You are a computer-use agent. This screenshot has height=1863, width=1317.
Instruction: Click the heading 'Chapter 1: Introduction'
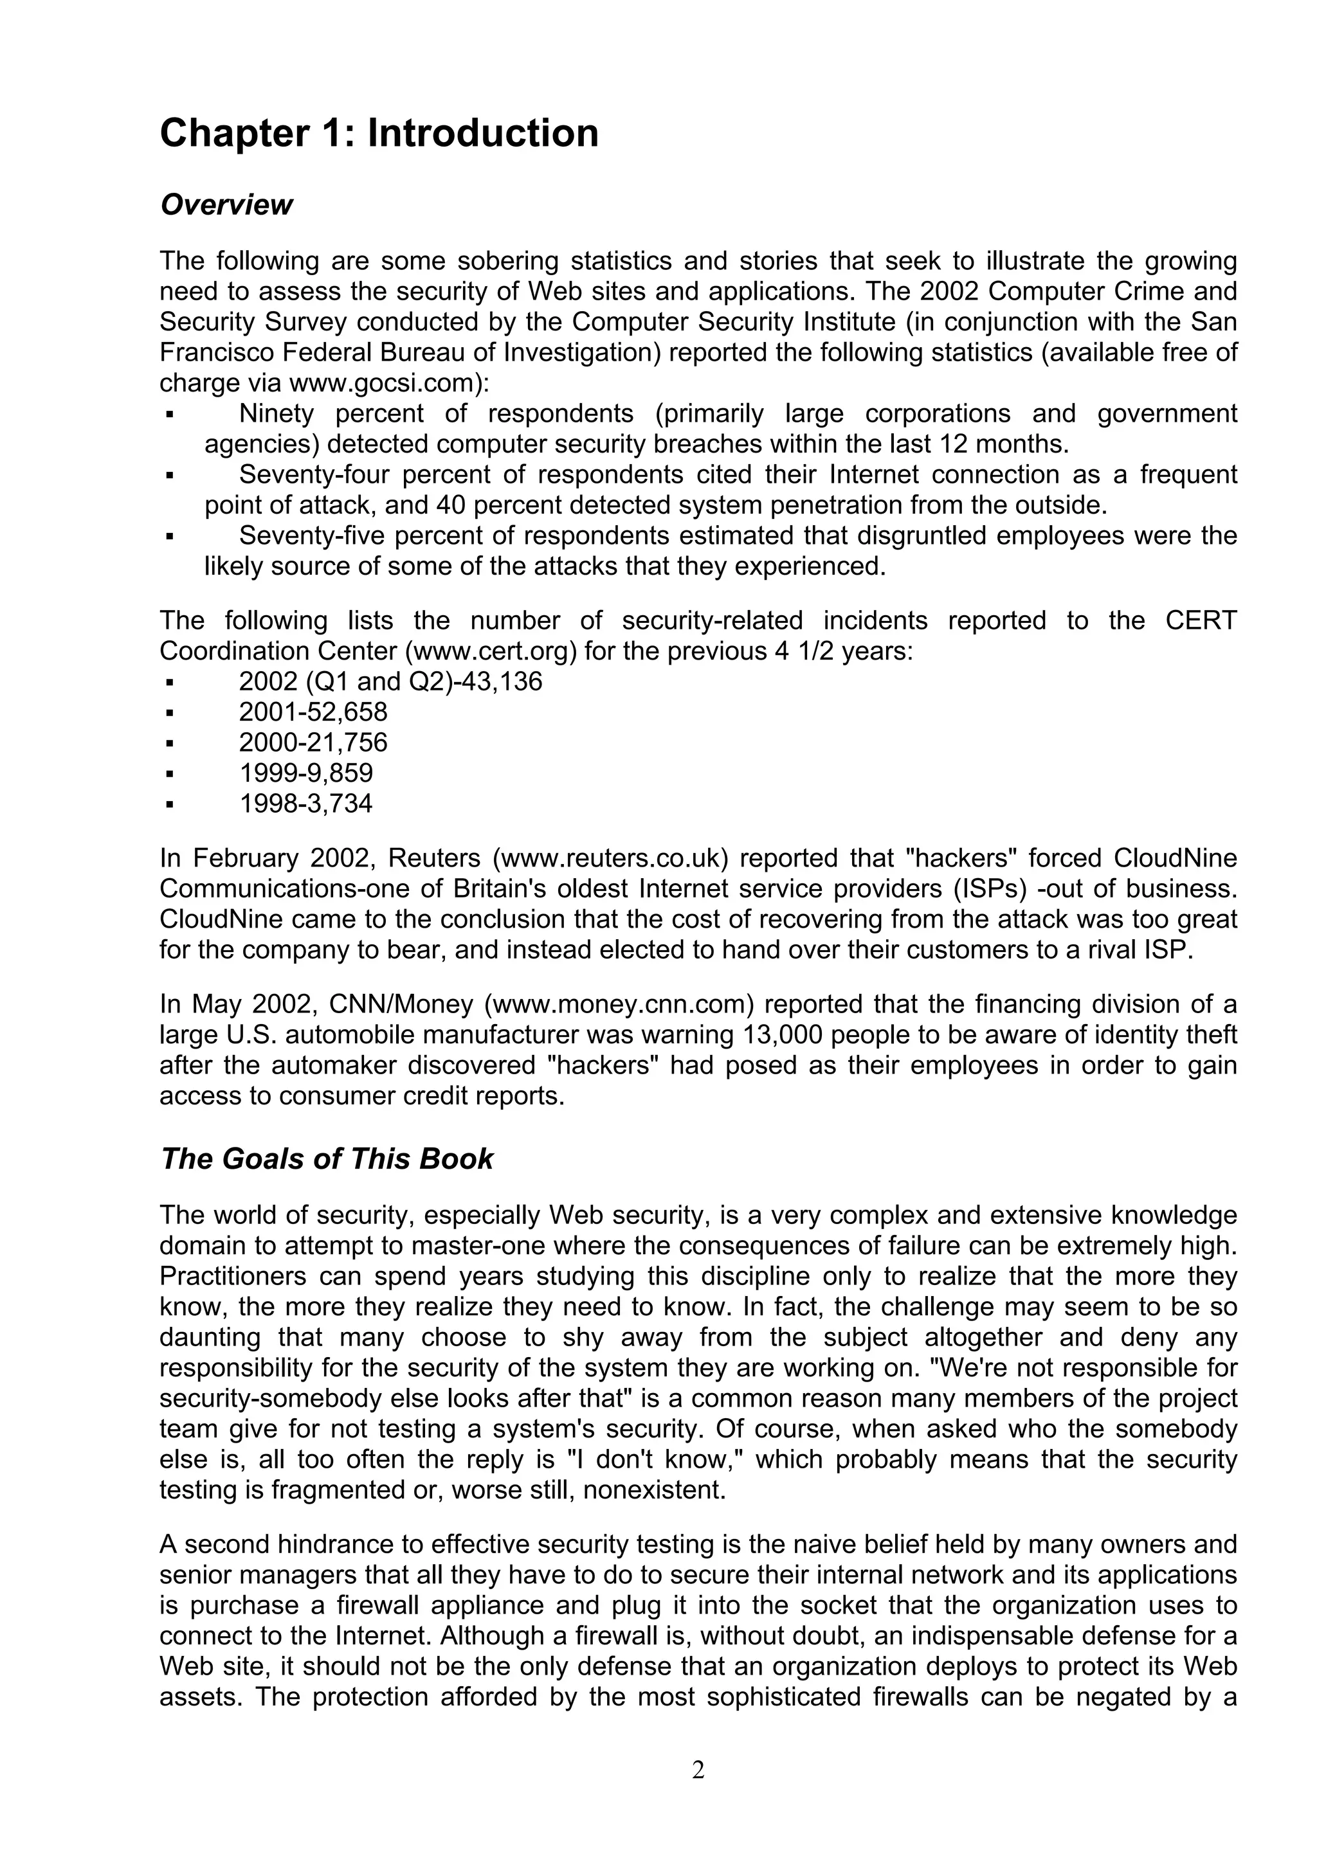(x=379, y=133)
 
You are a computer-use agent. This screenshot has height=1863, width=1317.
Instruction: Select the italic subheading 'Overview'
(x=226, y=205)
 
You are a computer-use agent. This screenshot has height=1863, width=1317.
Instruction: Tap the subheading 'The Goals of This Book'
(x=326, y=1158)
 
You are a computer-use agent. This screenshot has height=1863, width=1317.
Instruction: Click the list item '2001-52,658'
(x=313, y=712)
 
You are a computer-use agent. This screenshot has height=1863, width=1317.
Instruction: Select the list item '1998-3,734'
(x=306, y=804)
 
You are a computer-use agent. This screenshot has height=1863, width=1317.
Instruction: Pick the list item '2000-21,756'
(x=313, y=742)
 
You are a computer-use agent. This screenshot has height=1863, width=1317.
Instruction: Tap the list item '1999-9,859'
(x=306, y=773)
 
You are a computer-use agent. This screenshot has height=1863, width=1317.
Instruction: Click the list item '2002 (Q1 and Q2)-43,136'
(x=390, y=681)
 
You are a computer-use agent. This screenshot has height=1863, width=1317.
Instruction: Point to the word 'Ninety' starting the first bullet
(x=276, y=414)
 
